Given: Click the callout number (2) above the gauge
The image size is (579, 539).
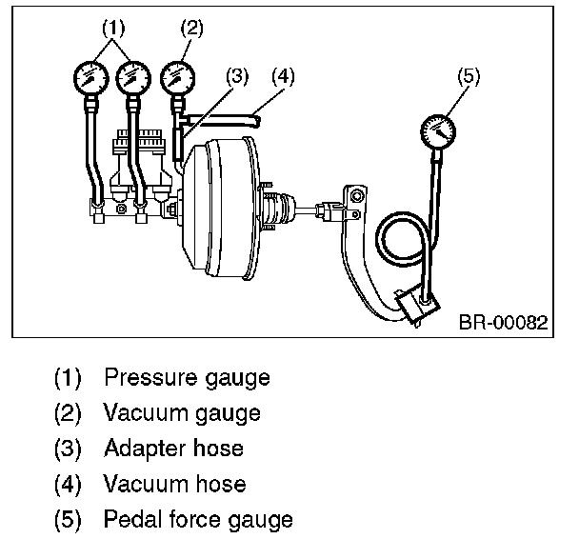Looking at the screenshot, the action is (191, 29).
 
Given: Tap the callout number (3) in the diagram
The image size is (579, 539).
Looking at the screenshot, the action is (237, 76).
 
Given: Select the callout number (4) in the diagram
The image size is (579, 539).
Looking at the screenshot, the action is (283, 76).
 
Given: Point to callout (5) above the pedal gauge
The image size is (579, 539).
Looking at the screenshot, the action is (469, 77).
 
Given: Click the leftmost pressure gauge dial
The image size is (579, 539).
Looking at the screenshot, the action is (91, 78).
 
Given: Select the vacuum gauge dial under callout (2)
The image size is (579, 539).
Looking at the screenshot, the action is (177, 78).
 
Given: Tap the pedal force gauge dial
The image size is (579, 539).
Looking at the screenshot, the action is (438, 131).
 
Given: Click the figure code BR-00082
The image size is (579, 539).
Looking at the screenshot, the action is (504, 322).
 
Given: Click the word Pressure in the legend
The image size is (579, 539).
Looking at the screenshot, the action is (150, 377).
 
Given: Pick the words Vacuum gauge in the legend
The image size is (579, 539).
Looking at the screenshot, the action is (182, 412).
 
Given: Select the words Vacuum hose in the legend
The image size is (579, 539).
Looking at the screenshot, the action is (174, 484).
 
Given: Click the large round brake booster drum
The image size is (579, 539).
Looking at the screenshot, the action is (218, 209).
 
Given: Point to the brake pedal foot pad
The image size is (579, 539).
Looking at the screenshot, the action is (418, 305).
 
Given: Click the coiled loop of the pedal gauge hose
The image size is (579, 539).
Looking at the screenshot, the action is (381, 240).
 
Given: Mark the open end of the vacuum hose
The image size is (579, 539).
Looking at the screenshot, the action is (257, 122).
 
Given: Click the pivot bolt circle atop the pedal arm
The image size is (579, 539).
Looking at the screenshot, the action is (356, 195).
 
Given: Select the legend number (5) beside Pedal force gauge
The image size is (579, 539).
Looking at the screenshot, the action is (68, 519).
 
